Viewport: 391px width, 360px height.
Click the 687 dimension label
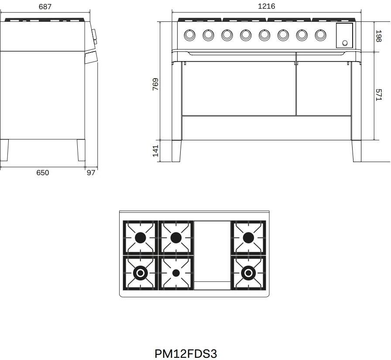click(x=45, y=7)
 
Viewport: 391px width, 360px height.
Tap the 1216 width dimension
click(x=266, y=6)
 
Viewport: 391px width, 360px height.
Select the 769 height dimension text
click(x=155, y=84)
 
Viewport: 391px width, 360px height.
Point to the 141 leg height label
click(x=155, y=151)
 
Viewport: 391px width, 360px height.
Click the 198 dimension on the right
click(x=378, y=36)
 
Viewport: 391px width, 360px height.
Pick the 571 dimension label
click(x=378, y=95)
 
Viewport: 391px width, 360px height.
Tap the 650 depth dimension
click(x=43, y=173)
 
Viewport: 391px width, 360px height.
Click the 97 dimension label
click(x=91, y=173)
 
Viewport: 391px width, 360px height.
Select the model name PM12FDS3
click(x=186, y=353)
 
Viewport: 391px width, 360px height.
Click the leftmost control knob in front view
click(x=189, y=35)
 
